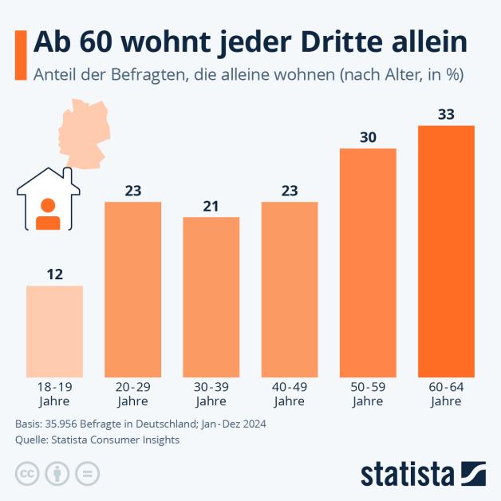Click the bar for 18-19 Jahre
tap(54, 331)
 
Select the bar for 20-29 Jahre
tap(133, 289)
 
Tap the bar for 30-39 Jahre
tap(211, 297)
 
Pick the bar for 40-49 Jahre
tap(290, 289)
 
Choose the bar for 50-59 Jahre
tap(368, 262)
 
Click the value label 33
tap(446, 114)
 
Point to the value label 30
tap(368, 137)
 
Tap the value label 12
tap(54, 274)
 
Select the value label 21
tap(211, 206)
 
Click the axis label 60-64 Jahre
tap(446, 394)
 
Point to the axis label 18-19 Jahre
tap(54, 394)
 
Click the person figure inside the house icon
tap(49, 213)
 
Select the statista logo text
tap(407, 473)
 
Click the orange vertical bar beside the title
tap(19, 56)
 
